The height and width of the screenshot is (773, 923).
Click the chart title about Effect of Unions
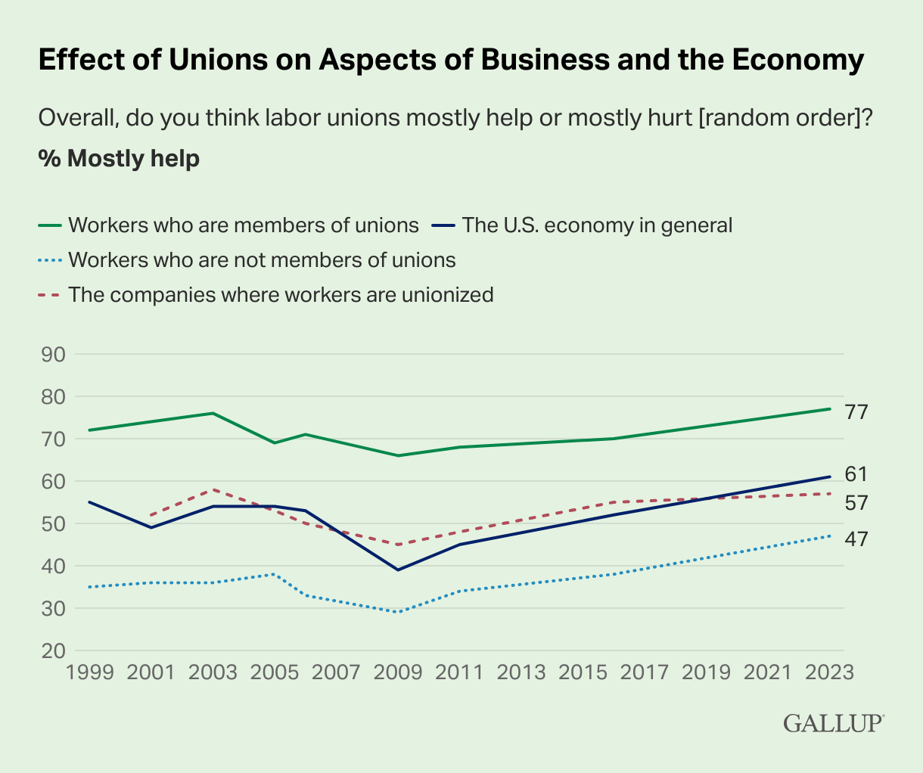click(x=451, y=61)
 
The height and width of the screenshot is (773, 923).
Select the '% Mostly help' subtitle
click(x=119, y=159)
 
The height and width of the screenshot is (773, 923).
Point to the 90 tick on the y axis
click(x=51, y=355)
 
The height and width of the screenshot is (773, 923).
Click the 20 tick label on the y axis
click(x=51, y=651)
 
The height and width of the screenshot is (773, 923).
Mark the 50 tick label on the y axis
click(x=51, y=524)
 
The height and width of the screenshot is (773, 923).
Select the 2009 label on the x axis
click(x=398, y=672)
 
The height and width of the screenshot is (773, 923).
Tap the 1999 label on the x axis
click(x=89, y=672)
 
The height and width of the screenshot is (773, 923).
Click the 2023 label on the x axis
click(x=830, y=672)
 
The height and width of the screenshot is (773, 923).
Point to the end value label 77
click(x=856, y=412)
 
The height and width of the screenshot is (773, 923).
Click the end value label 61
click(x=856, y=474)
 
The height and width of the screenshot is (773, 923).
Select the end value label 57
click(x=856, y=503)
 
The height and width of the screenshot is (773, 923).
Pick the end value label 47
click(x=856, y=539)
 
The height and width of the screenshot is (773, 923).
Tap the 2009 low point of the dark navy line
click(x=398, y=570)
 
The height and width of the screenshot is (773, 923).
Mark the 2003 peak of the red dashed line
click(x=213, y=490)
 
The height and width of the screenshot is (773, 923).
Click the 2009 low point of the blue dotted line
click(x=398, y=612)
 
